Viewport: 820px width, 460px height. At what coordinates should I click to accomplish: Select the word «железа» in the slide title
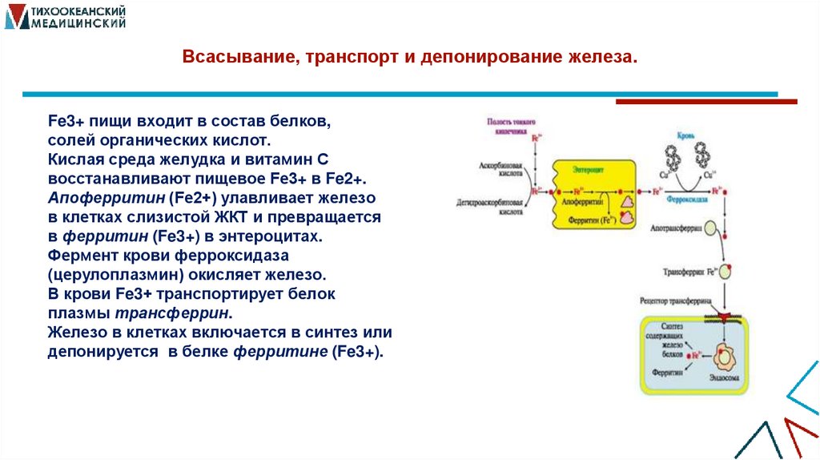click(600, 59)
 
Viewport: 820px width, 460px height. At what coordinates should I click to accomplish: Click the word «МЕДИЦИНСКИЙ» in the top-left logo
click(78, 25)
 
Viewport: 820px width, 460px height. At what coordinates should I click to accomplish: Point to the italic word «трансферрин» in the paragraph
click(175, 313)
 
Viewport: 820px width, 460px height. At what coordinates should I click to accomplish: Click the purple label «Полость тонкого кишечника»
click(510, 124)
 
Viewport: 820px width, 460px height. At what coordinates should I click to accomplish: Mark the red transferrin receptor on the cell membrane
click(725, 318)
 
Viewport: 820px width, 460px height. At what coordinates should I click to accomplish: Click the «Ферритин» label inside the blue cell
click(666, 373)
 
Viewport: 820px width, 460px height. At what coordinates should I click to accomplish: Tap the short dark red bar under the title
click(705, 102)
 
